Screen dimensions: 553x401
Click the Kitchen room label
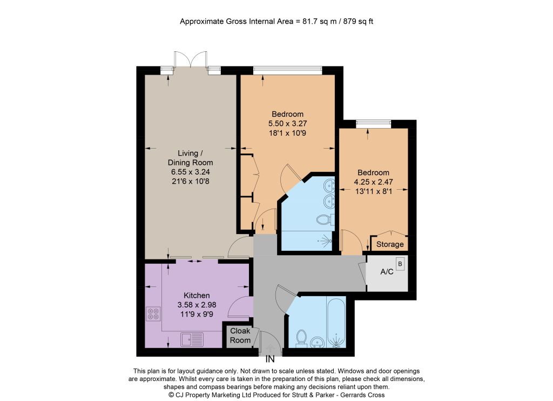pos(197,296)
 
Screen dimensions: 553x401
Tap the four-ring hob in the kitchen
pos(153,314)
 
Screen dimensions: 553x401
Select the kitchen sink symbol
pos(192,339)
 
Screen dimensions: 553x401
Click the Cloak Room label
pos(240,336)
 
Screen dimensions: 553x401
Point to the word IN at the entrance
pos(270,359)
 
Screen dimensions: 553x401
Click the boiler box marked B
pos(400,264)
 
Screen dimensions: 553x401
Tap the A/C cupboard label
pos(387,272)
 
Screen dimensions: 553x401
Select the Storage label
pos(390,244)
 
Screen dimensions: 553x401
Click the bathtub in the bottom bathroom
pos(336,322)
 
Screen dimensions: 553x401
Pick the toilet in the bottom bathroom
pos(301,337)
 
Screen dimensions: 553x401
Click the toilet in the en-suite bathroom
pos(325,220)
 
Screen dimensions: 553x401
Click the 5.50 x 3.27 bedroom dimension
pos(287,124)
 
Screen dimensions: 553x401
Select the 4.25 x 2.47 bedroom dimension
pos(373,182)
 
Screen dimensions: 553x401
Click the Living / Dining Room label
pos(190,158)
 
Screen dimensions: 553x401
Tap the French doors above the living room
pos(191,59)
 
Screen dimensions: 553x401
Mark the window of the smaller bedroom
pos(374,124)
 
